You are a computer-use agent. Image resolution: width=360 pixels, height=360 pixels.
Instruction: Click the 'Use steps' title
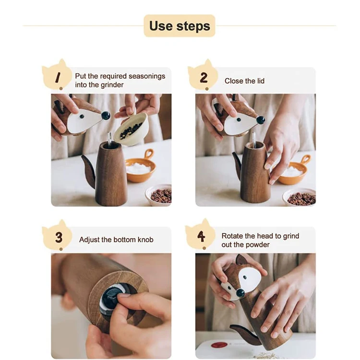click(180, 26)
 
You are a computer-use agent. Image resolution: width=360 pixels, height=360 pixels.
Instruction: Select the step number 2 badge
click(203, 75)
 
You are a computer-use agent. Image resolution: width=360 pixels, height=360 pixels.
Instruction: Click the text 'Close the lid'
click(244, 81)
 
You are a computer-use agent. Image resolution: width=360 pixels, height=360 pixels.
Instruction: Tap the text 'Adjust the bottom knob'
click(116, 240)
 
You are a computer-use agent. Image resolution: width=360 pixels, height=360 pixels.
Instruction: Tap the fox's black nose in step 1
click(106, 115)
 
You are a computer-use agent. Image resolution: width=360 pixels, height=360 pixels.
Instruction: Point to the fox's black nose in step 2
click(261, 120)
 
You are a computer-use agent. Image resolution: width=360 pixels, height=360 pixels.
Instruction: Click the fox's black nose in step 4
click(240, 293)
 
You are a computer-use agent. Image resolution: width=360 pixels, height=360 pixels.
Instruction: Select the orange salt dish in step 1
click(140, 166)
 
